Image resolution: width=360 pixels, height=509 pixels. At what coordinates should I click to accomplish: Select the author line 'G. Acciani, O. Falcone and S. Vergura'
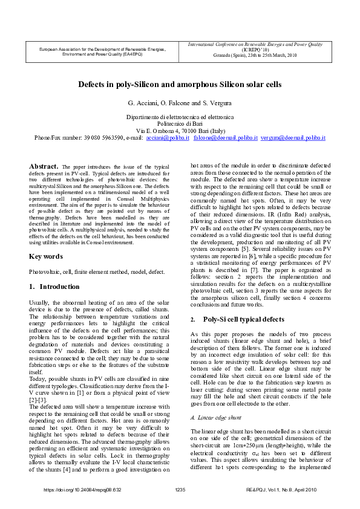(x=180, y=103)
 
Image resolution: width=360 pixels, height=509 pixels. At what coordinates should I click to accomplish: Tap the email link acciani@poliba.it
(x=168, y=138)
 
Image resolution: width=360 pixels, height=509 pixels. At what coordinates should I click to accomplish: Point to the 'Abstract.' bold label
(x=44, y=166)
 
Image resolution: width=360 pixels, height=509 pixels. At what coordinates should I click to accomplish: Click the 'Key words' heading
(x=46, y=256)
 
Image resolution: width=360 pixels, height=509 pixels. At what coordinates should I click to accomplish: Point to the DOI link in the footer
(x=83, y=489)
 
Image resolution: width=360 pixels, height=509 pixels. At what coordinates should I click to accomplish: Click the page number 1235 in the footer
(x=180, y=489)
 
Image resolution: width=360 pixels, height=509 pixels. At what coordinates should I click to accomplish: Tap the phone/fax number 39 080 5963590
(x=100, y=138)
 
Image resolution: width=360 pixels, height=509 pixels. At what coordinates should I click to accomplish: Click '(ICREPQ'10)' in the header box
(x=256, y=50)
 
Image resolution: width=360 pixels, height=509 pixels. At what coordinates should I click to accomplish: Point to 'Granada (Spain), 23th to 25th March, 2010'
(x=256, y=55)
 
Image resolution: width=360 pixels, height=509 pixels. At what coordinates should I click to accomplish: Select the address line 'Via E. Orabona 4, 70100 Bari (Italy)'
(x=180, y=131)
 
